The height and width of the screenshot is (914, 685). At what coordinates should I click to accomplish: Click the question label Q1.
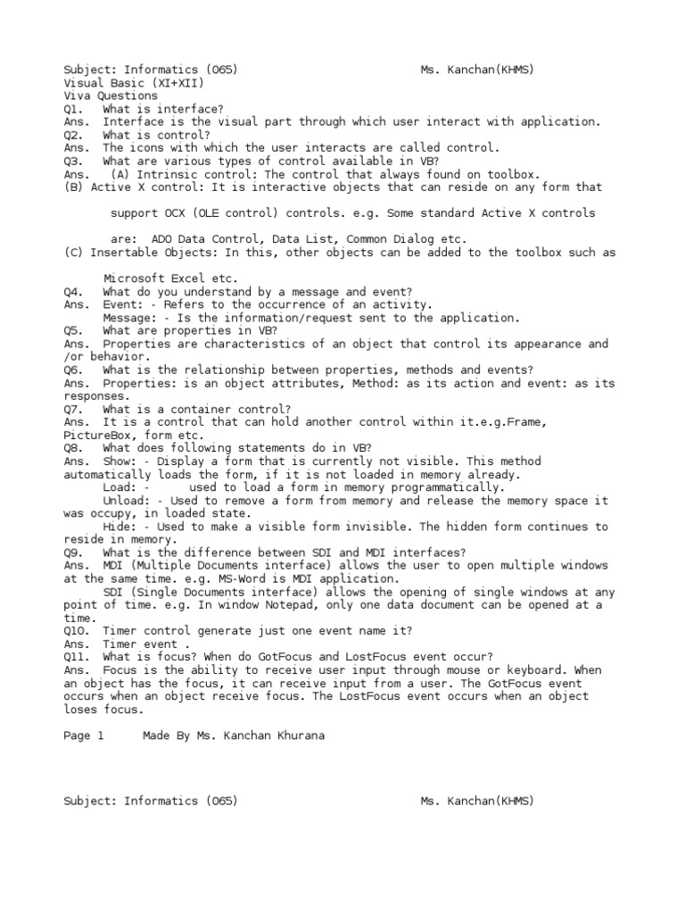point(73,108)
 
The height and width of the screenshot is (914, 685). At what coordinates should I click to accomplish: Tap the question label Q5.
point(73,330)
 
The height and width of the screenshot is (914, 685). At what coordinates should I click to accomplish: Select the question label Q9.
point(73,553)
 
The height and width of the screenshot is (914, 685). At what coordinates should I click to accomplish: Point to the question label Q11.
point(77,656)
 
